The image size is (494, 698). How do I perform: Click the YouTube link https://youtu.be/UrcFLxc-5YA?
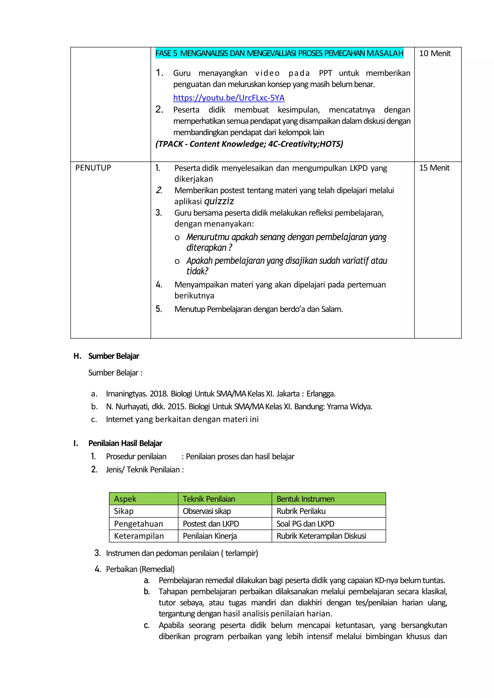coord(229,98)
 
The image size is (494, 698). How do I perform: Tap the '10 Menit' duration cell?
coord(434,53)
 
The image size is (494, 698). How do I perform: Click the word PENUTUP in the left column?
coord(93,168)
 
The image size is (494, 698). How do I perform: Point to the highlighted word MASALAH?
coord(385,53)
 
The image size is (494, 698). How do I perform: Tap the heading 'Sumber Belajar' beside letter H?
coord(114,356)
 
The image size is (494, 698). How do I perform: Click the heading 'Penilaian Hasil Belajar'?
coord(125,443)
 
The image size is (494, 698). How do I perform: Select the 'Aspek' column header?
coord(125,499)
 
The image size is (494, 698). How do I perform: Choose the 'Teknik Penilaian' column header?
coord(209,499)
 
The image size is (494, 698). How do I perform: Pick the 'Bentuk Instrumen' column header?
coord(305,499)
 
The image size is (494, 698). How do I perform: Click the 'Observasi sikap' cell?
coord(207,511)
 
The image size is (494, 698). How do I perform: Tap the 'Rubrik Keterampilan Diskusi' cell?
coord(321,536)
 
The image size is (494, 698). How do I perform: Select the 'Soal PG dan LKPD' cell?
coord(305,524)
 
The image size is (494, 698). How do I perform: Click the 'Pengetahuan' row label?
coord(138,524)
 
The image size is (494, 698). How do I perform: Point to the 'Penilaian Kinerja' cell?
coord(210,536)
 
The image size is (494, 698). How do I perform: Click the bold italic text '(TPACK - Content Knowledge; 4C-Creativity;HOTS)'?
coord(249,144)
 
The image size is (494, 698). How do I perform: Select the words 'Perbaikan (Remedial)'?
coord(140,569)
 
